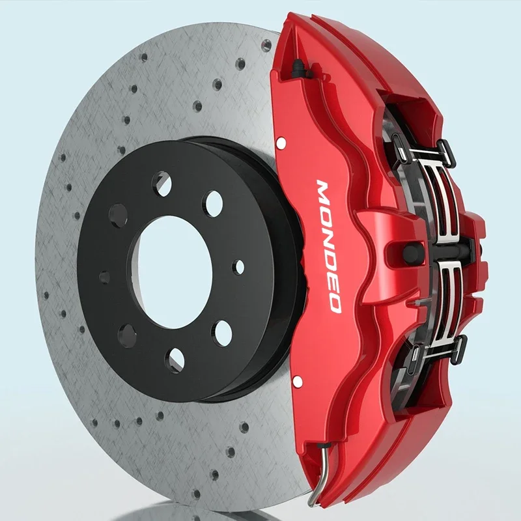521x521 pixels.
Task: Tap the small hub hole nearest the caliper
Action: (239, 266)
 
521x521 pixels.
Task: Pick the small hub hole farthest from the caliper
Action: (105, 277)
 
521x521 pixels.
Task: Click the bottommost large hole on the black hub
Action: (174, 357)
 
